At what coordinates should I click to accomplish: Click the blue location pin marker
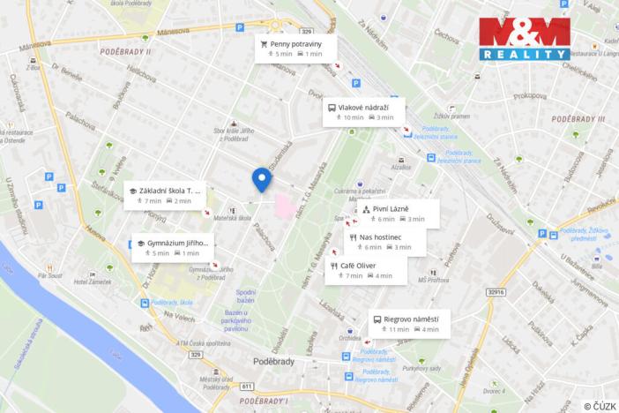(x=262, y=179)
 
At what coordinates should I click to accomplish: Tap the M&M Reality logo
(x=524, y=39)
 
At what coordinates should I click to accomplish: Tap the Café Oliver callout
(x=368, y=270)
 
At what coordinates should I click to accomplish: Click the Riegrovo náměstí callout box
(x=409, y=324)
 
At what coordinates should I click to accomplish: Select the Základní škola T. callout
(x=167, y=195)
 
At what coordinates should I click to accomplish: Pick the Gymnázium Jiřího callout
(x=173, y=247)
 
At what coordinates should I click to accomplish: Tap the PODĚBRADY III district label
(x=578, y=118)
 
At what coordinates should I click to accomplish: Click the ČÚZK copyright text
(x=600, y=406)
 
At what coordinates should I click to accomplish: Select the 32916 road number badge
(x=497, y=292)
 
